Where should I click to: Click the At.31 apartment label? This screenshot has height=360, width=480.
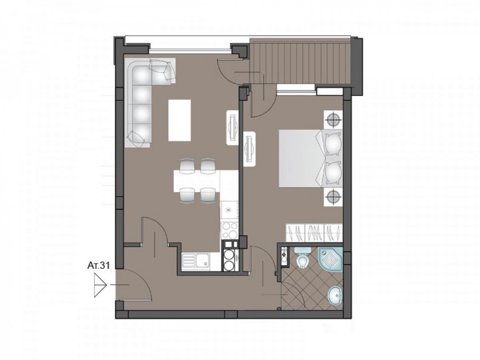pyautogui.click(x=98, y=265)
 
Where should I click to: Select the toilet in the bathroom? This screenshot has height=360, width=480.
pyautogui.click(x=303, y=257)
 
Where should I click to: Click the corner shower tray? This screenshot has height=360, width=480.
pyautogui.click(x=330, y=260)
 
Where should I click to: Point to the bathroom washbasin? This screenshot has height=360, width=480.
pyautogui.click(x=335, y=297)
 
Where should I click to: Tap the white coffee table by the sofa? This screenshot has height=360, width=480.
pyautogui.click(x=180, y=121)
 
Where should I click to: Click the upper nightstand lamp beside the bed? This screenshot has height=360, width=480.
pyautogui.click(x=333, y=119)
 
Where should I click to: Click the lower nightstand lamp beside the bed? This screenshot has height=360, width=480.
pyautogui.click(x=333, y=197)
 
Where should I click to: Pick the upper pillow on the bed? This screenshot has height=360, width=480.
pyautogui.click(x=333, y=143)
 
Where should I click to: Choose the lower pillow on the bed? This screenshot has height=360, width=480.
pyautogui.click(x=333, y=173)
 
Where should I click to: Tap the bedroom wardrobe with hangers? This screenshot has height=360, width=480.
pyautogui.click(x=314, y=233)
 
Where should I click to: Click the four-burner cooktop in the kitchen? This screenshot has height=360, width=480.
pyautogui.click(x=229, y=230)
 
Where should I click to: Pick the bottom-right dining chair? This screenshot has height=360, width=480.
pyautogui.click(x=208, y=195)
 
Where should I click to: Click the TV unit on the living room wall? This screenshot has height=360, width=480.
pyautogui.click(x=233, y=127)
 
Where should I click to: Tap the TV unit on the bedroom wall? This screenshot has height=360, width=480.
pyautogui.click(x=250, y=149)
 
